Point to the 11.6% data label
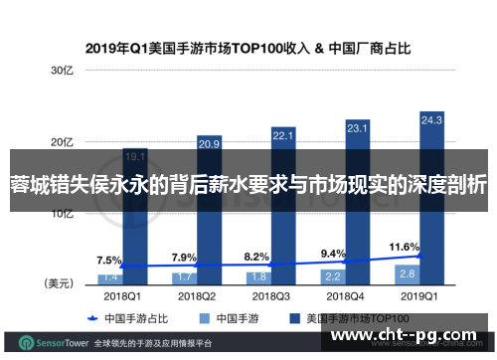pyautogui.click(x=405, y=218)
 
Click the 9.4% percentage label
pyautogui.click(x=333, y=226)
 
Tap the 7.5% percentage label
pyautogui.click(x=109, y=233)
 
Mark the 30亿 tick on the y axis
pyautogui.click(x=62, y=70)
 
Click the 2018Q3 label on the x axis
pyautogui.click(x=270, y=295)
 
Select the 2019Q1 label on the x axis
pyautogui.click(x=418, y=295)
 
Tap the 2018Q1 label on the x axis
pyautogui.click(x=122, y=295)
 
